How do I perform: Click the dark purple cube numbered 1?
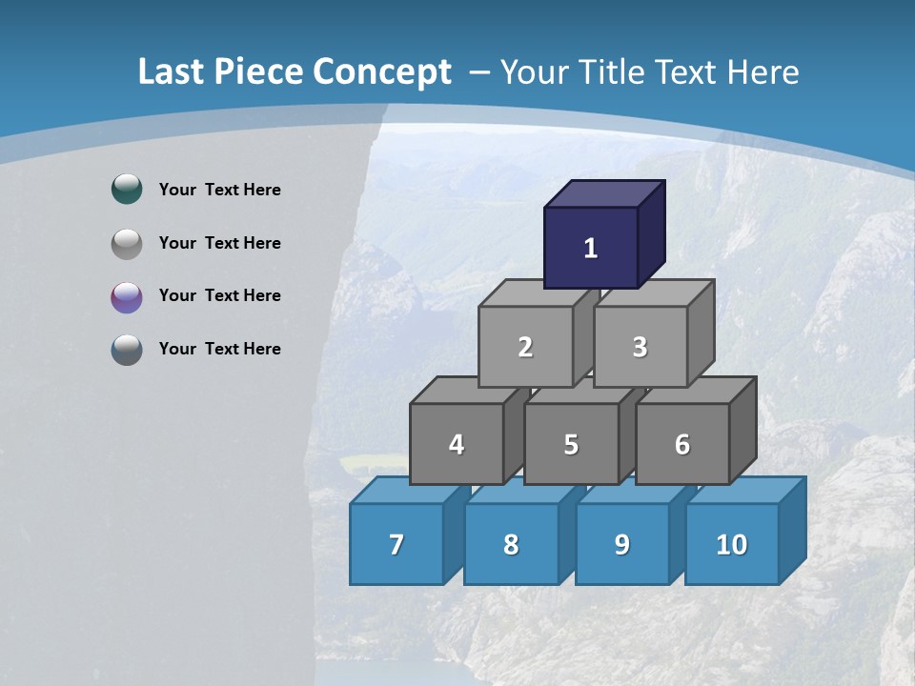591,248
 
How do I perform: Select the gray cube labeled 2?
525,347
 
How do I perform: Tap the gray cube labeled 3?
640,347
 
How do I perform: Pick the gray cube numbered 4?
457,444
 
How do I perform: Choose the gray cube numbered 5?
571,444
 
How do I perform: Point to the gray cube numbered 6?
682,444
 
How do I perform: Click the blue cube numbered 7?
396,544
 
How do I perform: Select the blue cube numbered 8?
511,544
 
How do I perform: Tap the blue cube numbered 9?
621,544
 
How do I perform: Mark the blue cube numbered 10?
731,544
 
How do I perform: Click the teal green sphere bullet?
127,190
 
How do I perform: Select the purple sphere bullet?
127,297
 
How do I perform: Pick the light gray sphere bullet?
127,244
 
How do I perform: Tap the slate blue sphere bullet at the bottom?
127,350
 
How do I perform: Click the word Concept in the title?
381,72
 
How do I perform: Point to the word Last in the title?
172,72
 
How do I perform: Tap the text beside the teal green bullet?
219,190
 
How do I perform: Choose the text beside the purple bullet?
219,295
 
